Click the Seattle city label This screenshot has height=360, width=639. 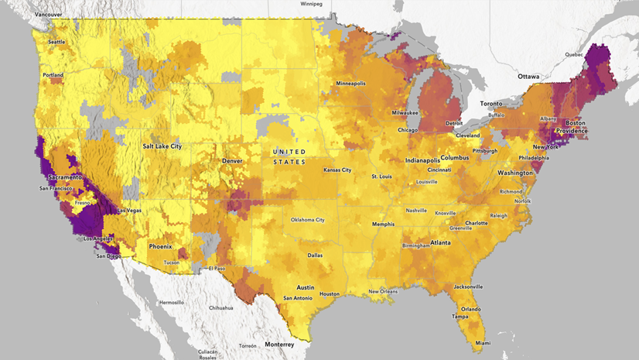coord(56,42)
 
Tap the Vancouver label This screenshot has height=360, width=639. coord(49,15)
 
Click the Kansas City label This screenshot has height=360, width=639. coord(337,170)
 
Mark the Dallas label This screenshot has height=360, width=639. coord(315,255)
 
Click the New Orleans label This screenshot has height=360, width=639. coord(383,291)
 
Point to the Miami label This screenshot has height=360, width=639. coord(482,343)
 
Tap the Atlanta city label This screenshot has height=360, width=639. coord(441,242)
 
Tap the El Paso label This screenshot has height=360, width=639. coord(217,268)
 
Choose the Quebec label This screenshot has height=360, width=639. coord(573,55)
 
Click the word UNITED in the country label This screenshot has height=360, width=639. coord(289,151)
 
